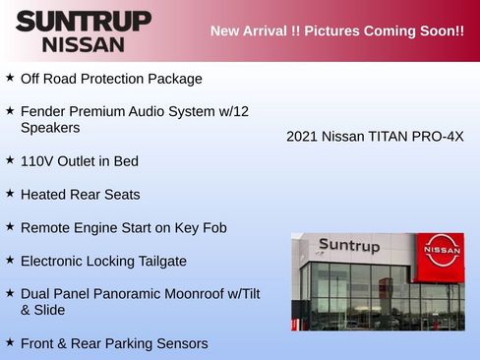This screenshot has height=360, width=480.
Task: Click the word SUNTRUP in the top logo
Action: pos(83,21)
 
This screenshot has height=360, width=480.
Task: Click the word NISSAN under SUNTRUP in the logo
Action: pos(83,44)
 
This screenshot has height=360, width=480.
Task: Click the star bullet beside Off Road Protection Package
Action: pos(10,77)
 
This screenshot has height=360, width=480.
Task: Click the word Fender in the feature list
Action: pos(43,112)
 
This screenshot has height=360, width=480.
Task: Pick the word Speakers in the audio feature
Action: pos(50,128)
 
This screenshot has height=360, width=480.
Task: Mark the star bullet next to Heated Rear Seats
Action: pos(10,193)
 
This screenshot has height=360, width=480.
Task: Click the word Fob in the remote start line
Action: pos(213,228)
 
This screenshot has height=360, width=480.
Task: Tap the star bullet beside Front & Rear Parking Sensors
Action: pos(10,341)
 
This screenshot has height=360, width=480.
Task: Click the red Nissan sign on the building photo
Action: pos(442,252)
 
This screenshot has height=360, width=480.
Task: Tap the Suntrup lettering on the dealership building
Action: pos(348,247)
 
